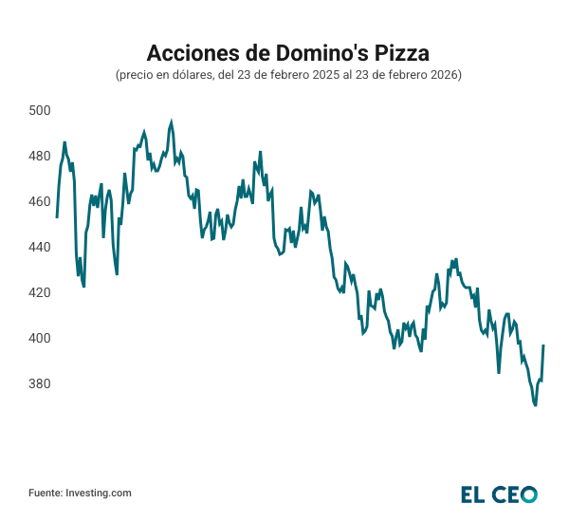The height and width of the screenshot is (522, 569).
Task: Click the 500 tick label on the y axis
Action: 39,110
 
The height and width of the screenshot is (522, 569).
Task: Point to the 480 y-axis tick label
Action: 39,156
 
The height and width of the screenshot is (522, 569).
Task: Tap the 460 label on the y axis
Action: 39,201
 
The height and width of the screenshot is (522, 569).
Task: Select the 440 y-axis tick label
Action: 39,247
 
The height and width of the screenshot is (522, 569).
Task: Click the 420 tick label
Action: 39,292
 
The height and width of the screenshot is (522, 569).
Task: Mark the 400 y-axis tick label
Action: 39,338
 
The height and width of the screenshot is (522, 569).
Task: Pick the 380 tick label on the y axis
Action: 39,383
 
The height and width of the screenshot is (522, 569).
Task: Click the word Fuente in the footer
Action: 45,493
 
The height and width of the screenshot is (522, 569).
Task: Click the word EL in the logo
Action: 474,494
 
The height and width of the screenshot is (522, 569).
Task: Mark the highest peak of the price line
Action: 171,121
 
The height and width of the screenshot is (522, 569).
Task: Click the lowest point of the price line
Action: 536,405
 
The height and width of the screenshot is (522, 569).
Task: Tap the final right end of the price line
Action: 543,345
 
